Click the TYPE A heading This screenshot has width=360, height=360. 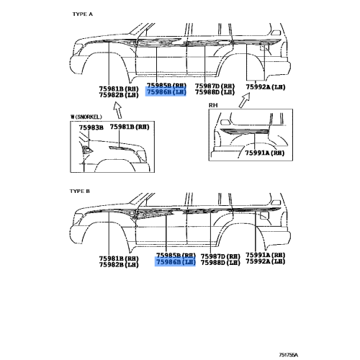83,14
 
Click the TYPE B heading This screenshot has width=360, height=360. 80,192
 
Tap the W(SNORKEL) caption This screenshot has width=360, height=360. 86,117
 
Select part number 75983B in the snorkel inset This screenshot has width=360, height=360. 91,127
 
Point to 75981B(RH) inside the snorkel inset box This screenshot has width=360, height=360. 130,127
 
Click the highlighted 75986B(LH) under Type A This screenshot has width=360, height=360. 166,92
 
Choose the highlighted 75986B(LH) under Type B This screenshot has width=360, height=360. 176,262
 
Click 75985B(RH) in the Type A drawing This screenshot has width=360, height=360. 166,86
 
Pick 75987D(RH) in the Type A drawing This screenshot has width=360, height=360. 215,86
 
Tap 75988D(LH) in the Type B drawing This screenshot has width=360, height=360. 220,263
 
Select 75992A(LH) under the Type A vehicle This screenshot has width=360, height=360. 266,87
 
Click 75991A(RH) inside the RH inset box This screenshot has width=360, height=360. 264,153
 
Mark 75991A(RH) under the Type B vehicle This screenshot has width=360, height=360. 266,255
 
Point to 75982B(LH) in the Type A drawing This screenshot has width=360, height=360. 119,95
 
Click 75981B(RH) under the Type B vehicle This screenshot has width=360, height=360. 119,258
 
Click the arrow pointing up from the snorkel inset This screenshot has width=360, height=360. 118,110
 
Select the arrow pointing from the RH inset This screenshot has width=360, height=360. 245,100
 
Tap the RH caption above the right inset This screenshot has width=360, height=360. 213,105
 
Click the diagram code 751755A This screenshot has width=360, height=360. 288,355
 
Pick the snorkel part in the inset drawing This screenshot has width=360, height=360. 87,150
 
